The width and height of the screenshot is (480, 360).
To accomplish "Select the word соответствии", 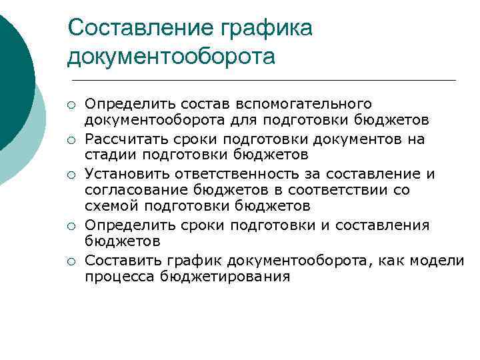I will click(x=333, y=190).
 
